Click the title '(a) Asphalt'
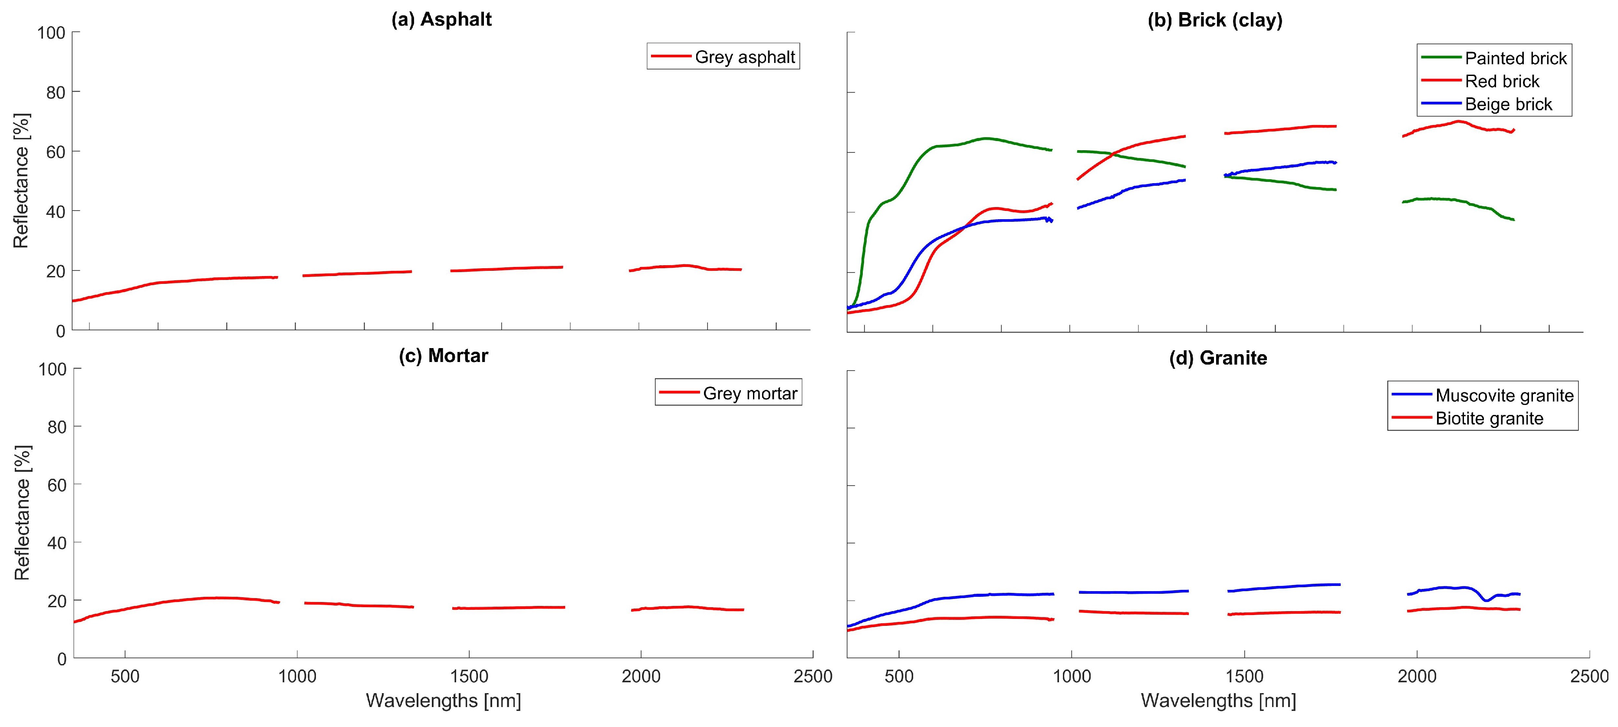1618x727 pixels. [x=441, y=20]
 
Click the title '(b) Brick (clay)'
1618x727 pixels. [x=1215, y=20]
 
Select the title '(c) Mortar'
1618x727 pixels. [x=444, y=355]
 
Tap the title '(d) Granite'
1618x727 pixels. [x=1218, y=358]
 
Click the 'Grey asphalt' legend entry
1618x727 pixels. [x=744, y=57]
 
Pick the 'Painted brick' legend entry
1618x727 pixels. [x=1515, y=59]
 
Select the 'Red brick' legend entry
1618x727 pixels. [x=1501, y=81]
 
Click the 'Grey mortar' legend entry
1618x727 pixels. [x=750, y=393]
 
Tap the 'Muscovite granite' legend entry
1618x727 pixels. [x=1504, y=396]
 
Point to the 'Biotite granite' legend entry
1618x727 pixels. [x=1489, y=418]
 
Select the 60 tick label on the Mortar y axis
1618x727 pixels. [x=56, y=484]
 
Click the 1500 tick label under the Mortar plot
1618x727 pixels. [x=469, y=677]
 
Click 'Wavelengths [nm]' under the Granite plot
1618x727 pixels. [x=1218, y=701]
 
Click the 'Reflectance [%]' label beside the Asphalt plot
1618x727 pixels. [x=21, y=181]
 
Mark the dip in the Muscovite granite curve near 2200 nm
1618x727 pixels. [x=1486, y=600]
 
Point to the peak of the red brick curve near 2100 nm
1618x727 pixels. [x=1458, y=121]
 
